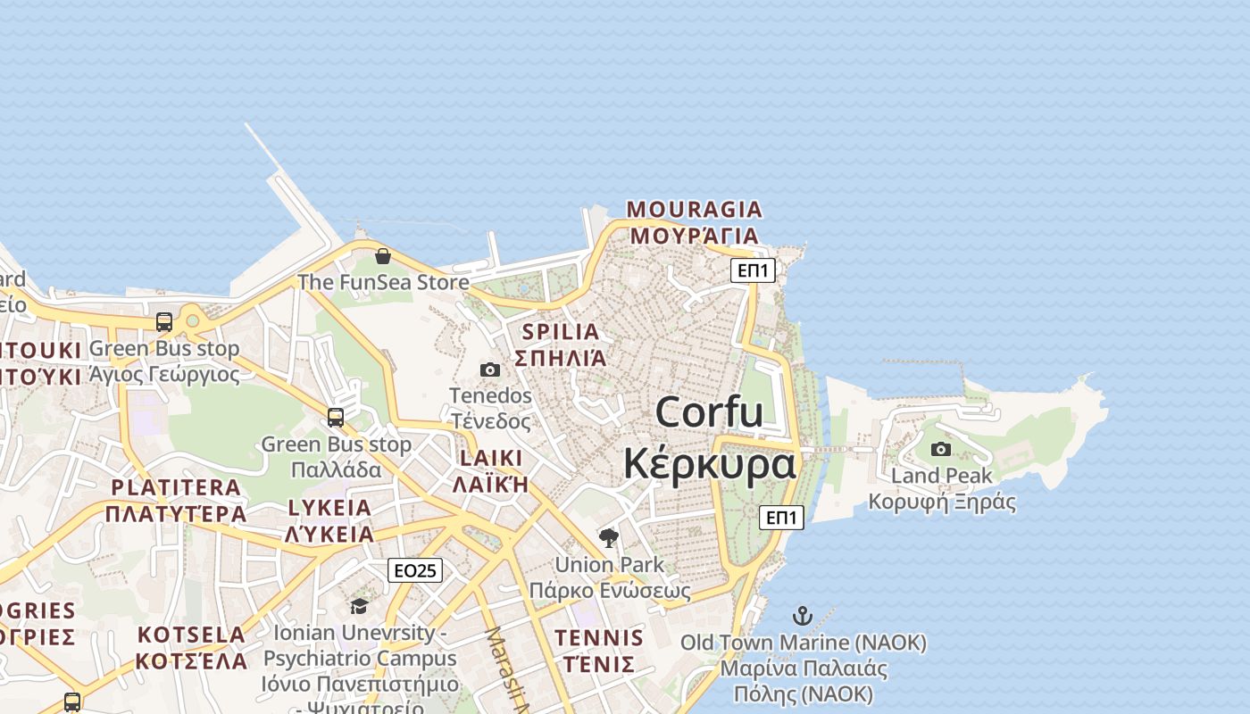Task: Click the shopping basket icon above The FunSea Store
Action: point(383,256)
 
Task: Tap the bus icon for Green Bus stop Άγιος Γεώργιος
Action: point(164,322)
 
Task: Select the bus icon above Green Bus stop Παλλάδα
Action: point(336,417)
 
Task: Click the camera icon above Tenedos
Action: point(490,369)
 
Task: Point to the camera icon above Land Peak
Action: point(941,449)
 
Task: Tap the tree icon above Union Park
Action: point(609,537)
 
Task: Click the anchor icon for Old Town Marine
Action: point(803,616)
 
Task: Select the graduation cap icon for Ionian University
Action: point(359,606)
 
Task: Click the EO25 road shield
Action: point(415,570)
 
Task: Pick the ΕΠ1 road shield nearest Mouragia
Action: point(753,270)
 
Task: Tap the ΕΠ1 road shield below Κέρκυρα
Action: point(781,517)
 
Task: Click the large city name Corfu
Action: point(709,412)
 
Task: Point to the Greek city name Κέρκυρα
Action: point(709,464)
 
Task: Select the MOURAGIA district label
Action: point(695,210)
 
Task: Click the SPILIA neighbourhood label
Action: point(561,332)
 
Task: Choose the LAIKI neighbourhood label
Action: point(490,459)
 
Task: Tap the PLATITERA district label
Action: point(176,487)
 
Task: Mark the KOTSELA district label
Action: point(191,635)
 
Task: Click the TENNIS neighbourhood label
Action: point(598,638)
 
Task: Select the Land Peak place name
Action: point(941,476)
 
